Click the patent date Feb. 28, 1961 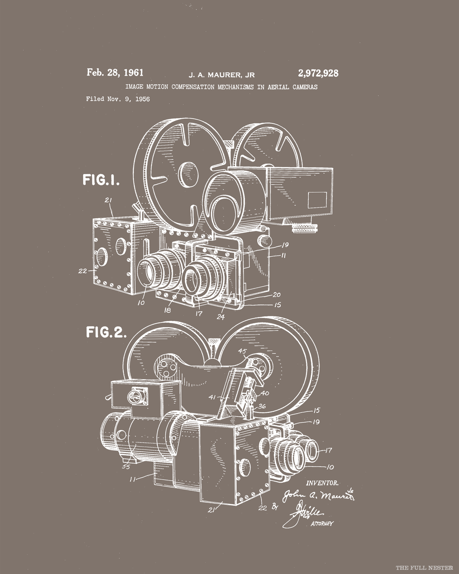[115, 73]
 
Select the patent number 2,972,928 [318, 73]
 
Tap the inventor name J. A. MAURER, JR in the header [221, 75]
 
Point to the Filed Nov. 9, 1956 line [118, 99]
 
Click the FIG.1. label [101, 180]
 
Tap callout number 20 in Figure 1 [276, 295]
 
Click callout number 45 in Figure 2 [242, 352]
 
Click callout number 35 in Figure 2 [126, 467]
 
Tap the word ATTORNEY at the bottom [322, 524]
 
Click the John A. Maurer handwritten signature [317, 496]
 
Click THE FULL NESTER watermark [424, 567]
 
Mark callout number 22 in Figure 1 [83, 271]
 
